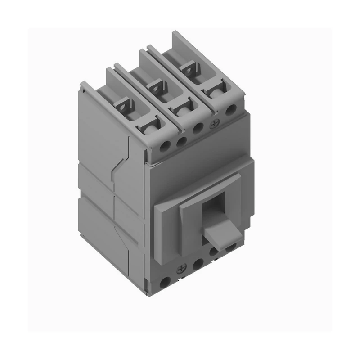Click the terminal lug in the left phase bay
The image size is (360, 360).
click(x=125, y=104)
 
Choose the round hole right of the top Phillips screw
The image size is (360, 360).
click(x=231, y=109)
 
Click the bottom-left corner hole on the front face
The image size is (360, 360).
click(x=166, y=282)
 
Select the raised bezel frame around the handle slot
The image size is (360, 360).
click(x=169, y=220)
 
